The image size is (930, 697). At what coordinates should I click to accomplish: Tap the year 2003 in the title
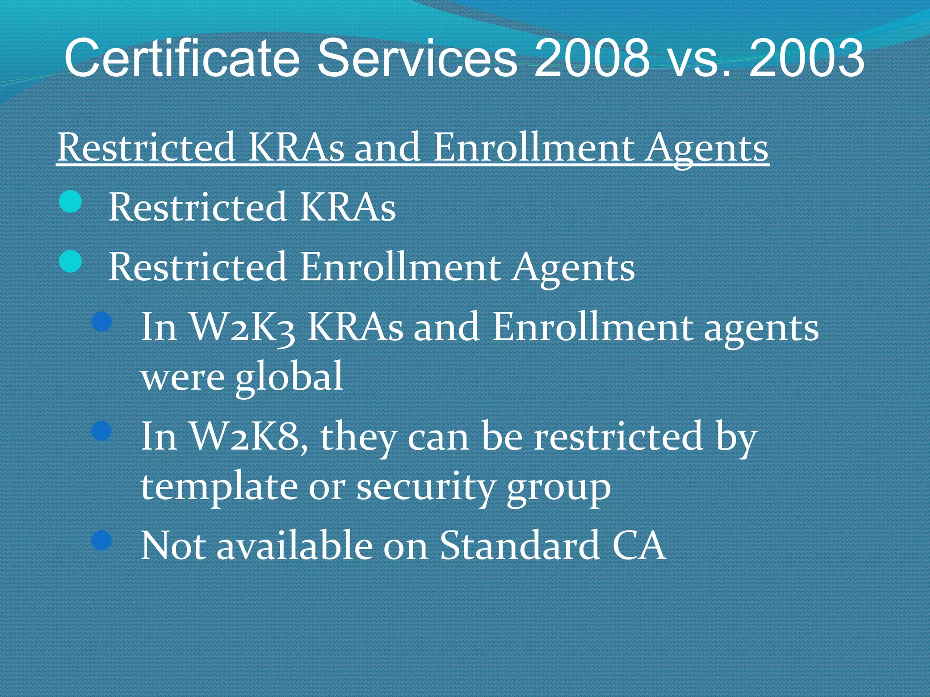coord(806,58)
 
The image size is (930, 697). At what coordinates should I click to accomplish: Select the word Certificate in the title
coord(182,58)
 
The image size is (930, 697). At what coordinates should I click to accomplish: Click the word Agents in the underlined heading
coord(707,149)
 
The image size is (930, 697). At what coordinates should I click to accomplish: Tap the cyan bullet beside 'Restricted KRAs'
coord(70,201)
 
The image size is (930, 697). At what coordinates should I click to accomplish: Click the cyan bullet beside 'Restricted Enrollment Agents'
coord(70,262)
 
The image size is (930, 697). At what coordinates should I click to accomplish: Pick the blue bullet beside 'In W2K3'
coord(102,322)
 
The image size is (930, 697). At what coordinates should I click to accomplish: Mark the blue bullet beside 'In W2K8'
coord(102,431)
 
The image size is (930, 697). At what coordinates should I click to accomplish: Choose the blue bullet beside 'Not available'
coord(102,540)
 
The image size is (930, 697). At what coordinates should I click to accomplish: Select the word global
coord(289,377)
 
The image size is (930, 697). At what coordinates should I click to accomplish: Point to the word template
coord(218,487)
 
